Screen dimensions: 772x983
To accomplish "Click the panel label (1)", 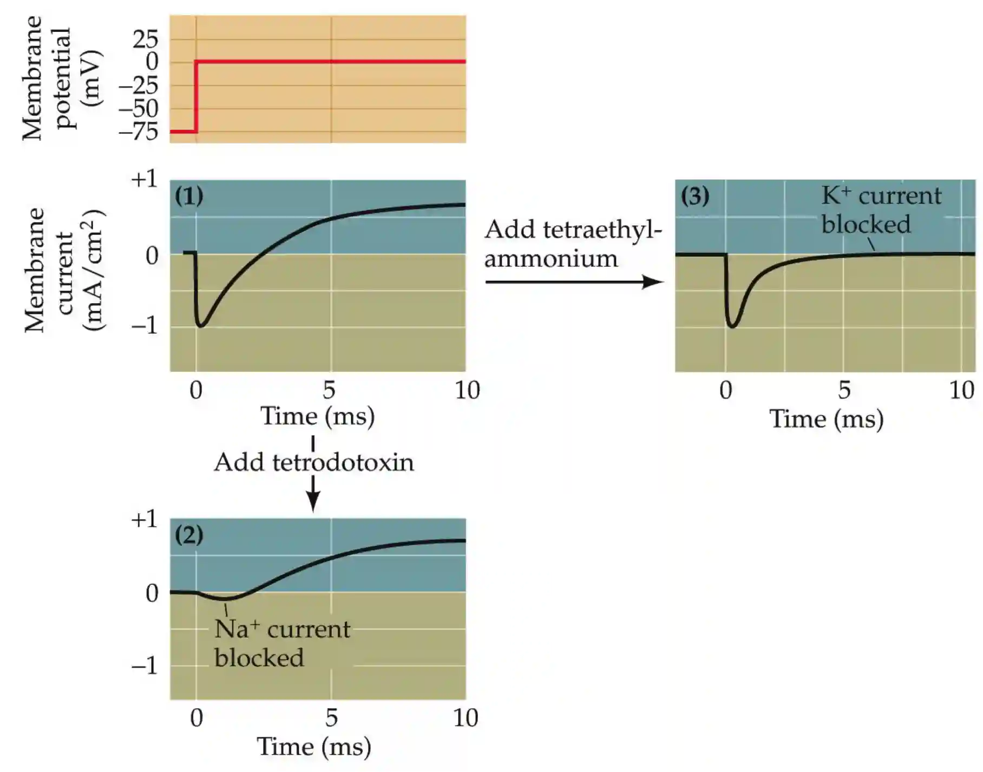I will tap(189, 196).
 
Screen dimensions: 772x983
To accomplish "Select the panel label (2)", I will tap(189, 535).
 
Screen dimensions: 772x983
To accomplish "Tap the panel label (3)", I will tap(695, 196).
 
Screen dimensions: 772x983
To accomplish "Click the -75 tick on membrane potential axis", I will tap(139, 132).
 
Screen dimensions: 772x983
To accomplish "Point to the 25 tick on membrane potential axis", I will tap(145, 39).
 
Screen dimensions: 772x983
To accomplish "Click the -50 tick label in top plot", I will tap(139, 109).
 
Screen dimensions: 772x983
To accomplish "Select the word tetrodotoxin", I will tap(343, 462).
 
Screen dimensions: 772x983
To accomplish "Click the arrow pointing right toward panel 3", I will tap(574, 282).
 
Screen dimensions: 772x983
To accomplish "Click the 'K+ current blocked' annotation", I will tap(881, 210).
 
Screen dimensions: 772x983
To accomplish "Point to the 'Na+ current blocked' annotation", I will tap(281, 643).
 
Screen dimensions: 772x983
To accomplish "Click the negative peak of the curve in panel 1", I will tap(201, 326).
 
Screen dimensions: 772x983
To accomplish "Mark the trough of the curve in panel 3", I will tap(732, 326).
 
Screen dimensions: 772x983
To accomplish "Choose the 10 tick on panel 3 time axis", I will tap(962, 390).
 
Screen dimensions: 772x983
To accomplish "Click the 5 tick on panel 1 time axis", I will tap(329, 390).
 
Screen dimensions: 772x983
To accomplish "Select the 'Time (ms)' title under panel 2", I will tap(314, 747).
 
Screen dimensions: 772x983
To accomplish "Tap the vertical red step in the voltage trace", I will tap(196, 96).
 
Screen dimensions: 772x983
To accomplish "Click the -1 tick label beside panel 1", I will tap(144, 325).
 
